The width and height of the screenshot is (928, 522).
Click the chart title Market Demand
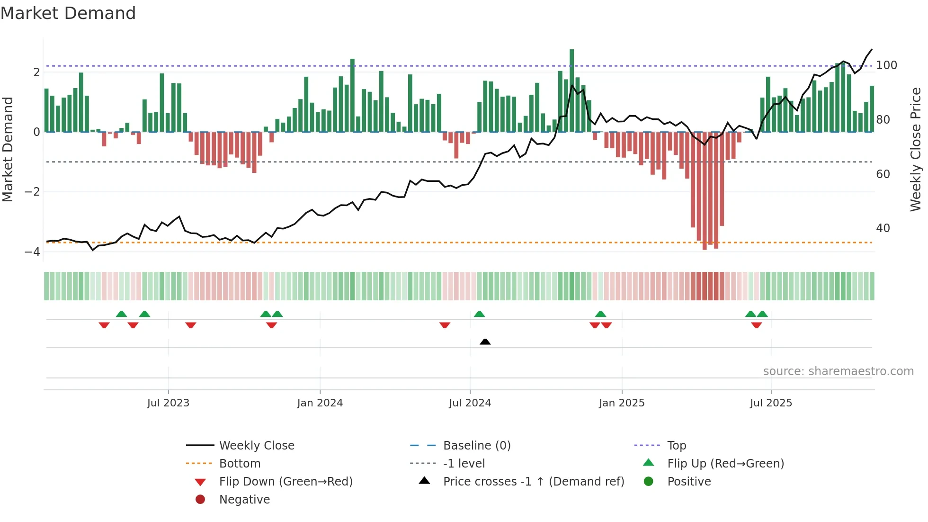[x=68, y=13]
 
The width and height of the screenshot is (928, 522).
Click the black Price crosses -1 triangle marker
[x=485, y=342]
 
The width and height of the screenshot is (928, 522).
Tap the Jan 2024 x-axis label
[x=320, y=403]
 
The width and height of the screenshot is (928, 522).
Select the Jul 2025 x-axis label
[x=771, y=403]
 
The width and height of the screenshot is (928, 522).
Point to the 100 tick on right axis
[x=886, y=65]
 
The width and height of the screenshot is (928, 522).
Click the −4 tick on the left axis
[x=32, y=252]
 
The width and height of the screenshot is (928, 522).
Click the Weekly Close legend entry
[x=256, y=446]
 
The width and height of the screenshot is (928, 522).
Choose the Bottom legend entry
[x=240, y=464]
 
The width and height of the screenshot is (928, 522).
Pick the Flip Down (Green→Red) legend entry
[x=286, y=482]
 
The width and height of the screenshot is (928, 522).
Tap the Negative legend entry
[x=244, y=500]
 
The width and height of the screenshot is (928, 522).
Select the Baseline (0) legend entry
[x=476, y=446]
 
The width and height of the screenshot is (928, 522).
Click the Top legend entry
[x=676, y=446]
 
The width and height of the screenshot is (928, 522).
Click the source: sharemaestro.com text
[x=838, y=371]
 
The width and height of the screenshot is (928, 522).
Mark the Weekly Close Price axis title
[x=916, y=149]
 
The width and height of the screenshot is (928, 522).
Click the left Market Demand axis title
[x=8, y=149]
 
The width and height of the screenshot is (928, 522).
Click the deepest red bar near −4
[x=705, y=189]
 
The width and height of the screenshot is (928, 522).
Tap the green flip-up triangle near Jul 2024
[x=479, y=314]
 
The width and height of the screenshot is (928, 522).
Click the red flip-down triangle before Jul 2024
[x=445, y=325]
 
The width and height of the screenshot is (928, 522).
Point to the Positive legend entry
[x=688, y=482]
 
